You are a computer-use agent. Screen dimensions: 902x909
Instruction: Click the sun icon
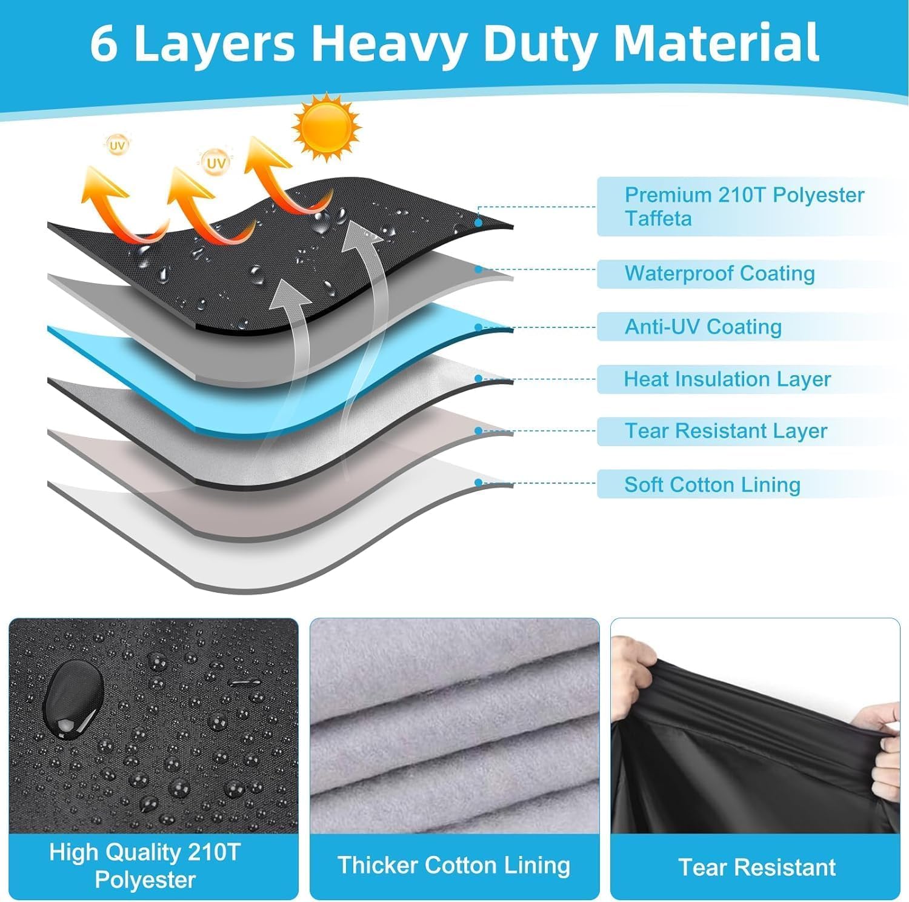(x=326, y=126)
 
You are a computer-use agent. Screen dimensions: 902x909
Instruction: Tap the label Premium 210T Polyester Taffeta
(x=744, y=206)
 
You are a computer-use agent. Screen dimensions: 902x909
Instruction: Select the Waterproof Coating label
(x=719, y=273)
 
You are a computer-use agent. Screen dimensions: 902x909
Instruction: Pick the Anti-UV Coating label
(x=703, y=327)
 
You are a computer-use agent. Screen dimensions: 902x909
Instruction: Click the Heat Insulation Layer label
(x=727, y=379)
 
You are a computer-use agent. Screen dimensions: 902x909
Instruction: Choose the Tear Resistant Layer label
(x=725, y=431)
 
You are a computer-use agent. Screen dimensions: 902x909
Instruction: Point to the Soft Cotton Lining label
(x=712, y=484)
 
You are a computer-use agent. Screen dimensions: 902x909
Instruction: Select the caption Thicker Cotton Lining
(x=454, y=865)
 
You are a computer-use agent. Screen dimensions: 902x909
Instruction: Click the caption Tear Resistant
(x=757, y=867)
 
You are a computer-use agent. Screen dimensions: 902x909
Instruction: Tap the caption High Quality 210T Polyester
(x=145, y=866)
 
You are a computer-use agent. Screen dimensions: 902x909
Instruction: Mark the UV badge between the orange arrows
(x=216, y=163)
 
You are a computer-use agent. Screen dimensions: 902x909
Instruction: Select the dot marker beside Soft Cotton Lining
(x=479, y=483)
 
